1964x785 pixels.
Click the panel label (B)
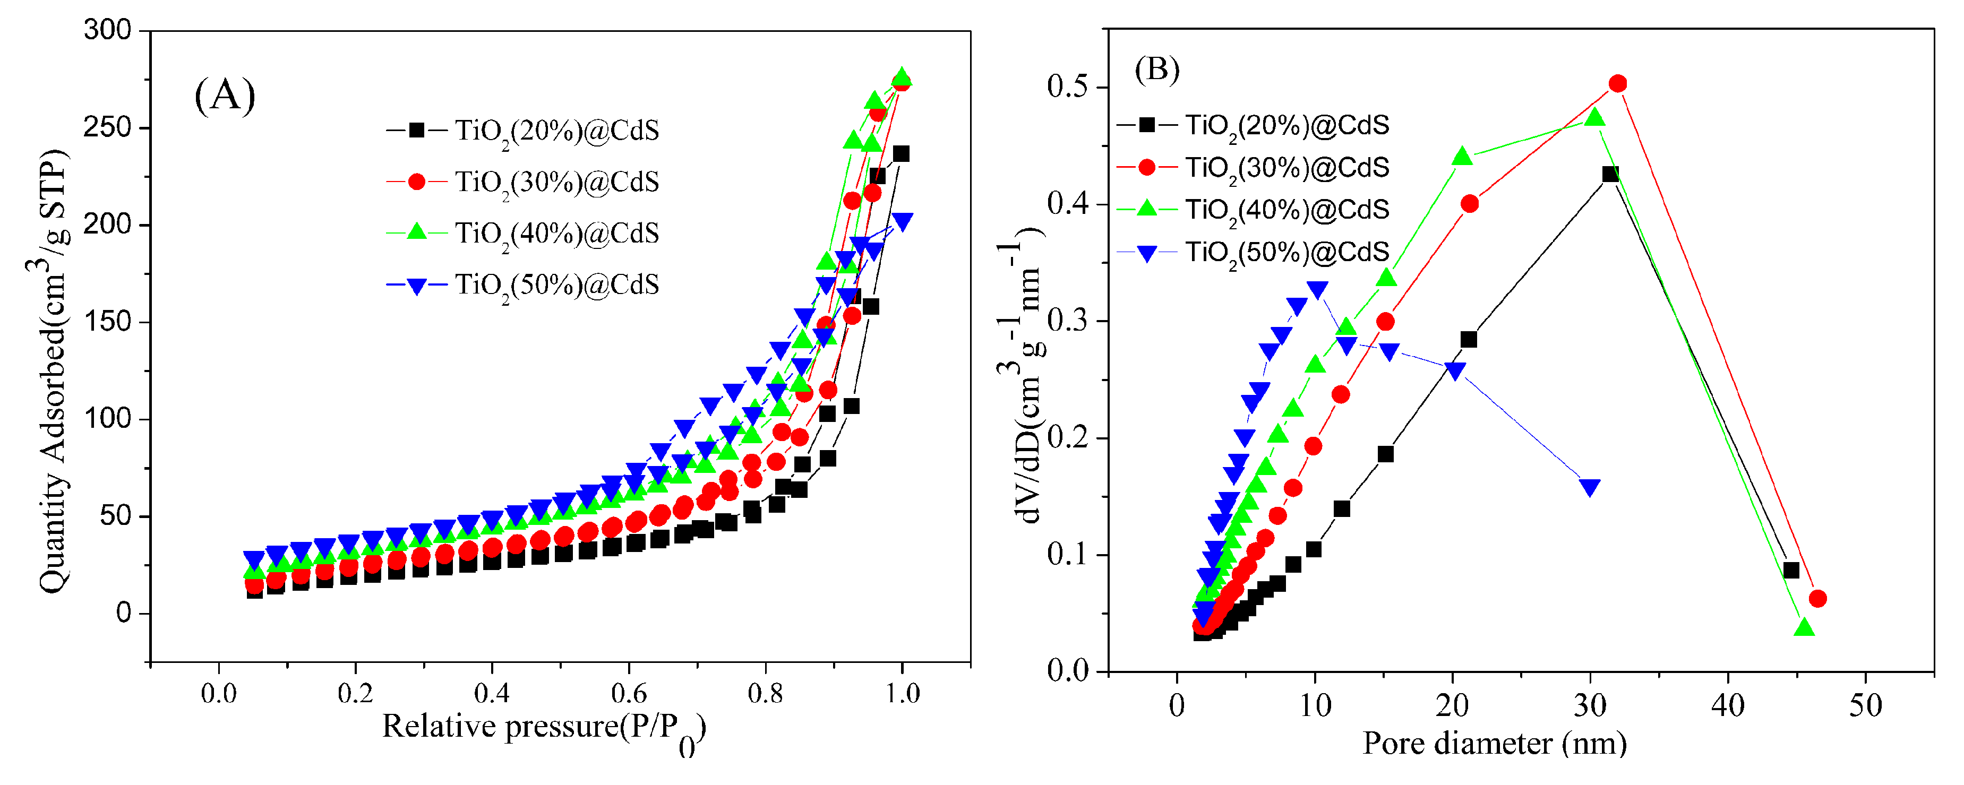point(1156,70)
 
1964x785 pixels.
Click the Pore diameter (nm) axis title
point(1494,743)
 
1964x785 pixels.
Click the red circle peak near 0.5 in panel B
point(1617,84)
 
